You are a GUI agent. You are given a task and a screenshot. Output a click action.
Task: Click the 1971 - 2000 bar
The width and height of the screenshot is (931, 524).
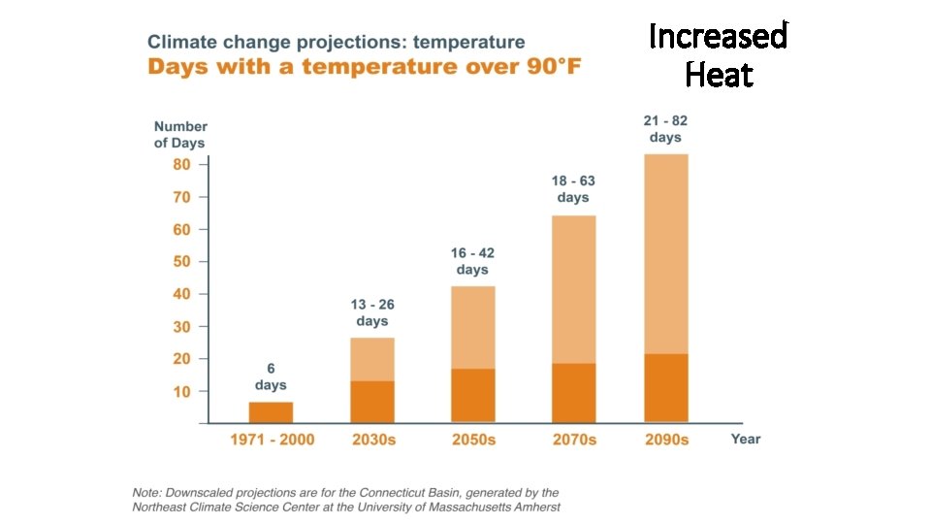[272, 412]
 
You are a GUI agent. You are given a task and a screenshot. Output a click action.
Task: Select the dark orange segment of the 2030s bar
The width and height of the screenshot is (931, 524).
[372, 402]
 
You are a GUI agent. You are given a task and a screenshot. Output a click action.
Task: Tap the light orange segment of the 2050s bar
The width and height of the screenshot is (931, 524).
[473, 327]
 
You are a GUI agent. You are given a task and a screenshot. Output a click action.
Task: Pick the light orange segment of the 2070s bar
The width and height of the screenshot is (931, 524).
[573, 289]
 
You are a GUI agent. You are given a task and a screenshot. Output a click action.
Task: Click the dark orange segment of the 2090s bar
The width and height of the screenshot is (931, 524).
[665, 388]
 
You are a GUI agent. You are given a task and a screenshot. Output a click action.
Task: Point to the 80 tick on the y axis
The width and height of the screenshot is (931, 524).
[181, 165]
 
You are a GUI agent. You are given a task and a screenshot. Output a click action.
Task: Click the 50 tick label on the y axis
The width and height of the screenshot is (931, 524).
[181, 262]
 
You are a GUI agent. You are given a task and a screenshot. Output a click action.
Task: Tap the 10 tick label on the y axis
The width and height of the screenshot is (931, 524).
[181, 391]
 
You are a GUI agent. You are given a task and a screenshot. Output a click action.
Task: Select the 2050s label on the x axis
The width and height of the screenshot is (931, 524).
[473, 440]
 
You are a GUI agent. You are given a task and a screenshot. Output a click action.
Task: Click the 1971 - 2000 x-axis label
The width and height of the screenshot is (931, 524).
[272, 440]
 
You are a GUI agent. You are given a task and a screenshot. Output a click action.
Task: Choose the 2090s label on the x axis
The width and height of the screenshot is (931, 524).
[666, 440]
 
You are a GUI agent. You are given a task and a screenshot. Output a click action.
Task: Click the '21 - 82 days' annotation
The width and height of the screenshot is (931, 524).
[665, 129]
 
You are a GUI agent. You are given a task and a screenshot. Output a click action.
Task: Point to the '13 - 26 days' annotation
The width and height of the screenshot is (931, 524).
[372, 312]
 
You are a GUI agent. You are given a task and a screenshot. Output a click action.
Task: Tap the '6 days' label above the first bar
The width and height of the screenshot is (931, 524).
[272, 377]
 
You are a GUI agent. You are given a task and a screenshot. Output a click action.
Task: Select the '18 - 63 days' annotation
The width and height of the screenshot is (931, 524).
[573, 188]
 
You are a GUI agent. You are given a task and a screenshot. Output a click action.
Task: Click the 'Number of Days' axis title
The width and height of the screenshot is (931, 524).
[180, 135]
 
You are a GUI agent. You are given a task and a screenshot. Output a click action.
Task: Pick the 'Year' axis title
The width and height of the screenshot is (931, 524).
[746, 439]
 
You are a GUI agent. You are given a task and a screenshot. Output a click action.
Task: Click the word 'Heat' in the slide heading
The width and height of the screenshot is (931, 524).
[719, 75]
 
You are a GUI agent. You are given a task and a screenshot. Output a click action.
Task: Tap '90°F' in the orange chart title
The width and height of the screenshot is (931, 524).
[540, 67]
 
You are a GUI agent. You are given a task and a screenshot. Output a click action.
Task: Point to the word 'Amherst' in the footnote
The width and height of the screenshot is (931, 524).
[532, 507]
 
